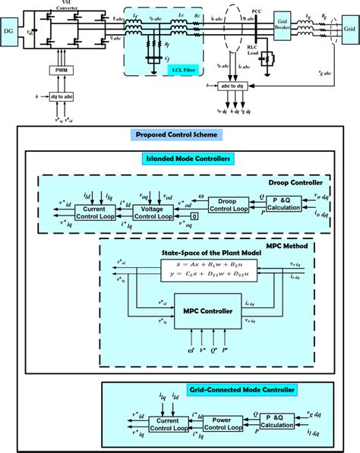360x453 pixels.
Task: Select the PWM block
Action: (60, 70)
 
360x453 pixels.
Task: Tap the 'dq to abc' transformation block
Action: (61, 98)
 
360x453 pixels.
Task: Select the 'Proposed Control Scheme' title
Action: (177, 135)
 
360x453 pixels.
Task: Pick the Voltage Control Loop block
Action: (153, 212)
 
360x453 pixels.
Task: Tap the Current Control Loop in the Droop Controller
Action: (94, 212)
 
